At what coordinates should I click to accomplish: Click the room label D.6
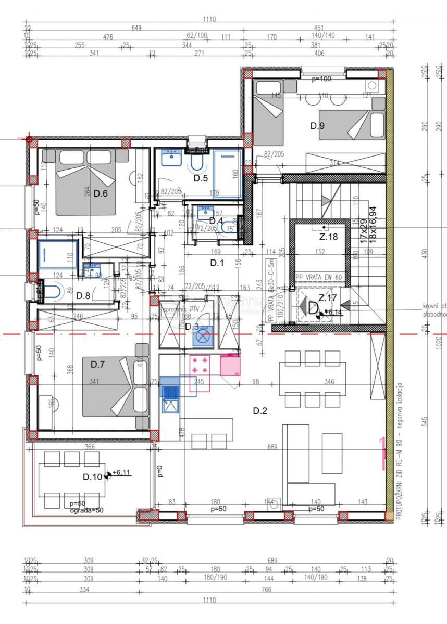[101, 194]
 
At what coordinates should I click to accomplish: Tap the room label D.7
[98, 364]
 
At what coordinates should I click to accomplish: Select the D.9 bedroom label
[317, 125]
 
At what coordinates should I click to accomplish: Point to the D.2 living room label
[260, 411]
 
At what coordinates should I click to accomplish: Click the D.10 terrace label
[93, 477]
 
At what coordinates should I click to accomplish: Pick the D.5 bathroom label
[201, 178]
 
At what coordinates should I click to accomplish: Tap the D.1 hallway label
[217, 263]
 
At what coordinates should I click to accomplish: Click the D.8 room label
[83, 296]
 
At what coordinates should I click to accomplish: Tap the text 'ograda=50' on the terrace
[86, 510]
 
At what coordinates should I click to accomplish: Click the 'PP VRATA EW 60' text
[318, 278]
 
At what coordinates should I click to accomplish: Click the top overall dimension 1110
[209, 20]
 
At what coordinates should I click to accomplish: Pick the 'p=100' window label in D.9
[321, 80]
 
